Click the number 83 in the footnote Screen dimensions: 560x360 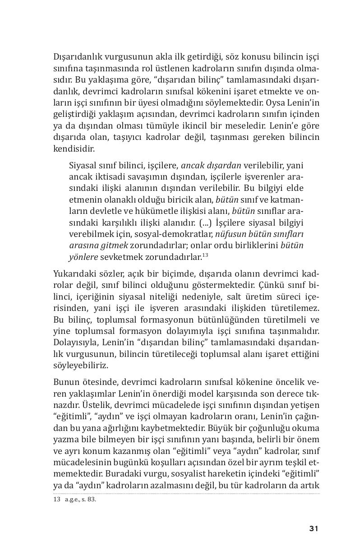click(92, 500)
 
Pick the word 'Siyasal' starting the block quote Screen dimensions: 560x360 click(84, 165)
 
